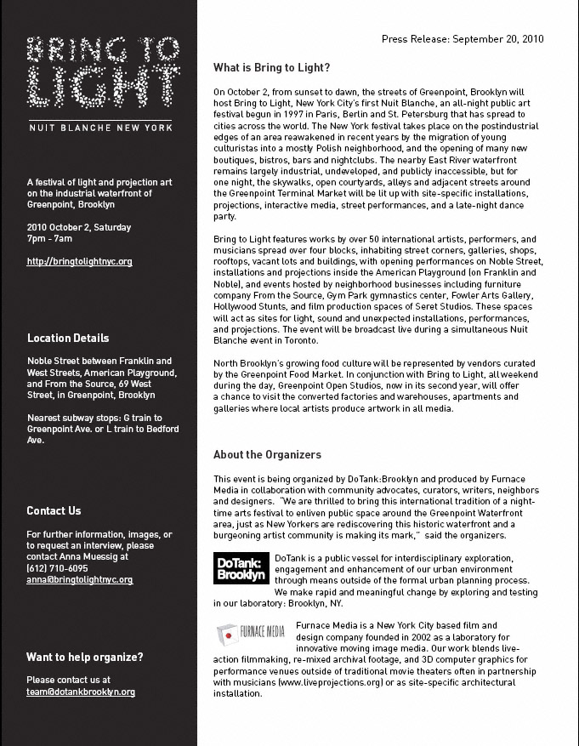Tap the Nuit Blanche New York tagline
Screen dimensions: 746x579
(x=99, y=128)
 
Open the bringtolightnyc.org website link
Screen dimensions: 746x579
(x=79, y=262)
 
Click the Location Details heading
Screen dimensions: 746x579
(x=68, y=339)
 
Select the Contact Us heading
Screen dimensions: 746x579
(x=54, y=511)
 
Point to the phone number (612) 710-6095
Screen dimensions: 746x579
(x=57, y=568)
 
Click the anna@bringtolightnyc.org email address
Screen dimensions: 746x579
(x=79, y=579)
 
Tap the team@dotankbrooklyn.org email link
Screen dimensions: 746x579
(x=81, y=692)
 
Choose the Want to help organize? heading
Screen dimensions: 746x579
(x=85, y=658)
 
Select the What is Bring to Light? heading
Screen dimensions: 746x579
(x=271, y=67)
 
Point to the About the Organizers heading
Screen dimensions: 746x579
(x=267, y=455)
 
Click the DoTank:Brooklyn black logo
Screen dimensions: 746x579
(x=241, y=568)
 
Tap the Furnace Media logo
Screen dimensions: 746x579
(x=251, y=633)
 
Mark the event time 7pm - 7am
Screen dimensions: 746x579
(x=50, y=239)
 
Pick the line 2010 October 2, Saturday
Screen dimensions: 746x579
(x=75, y=228)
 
